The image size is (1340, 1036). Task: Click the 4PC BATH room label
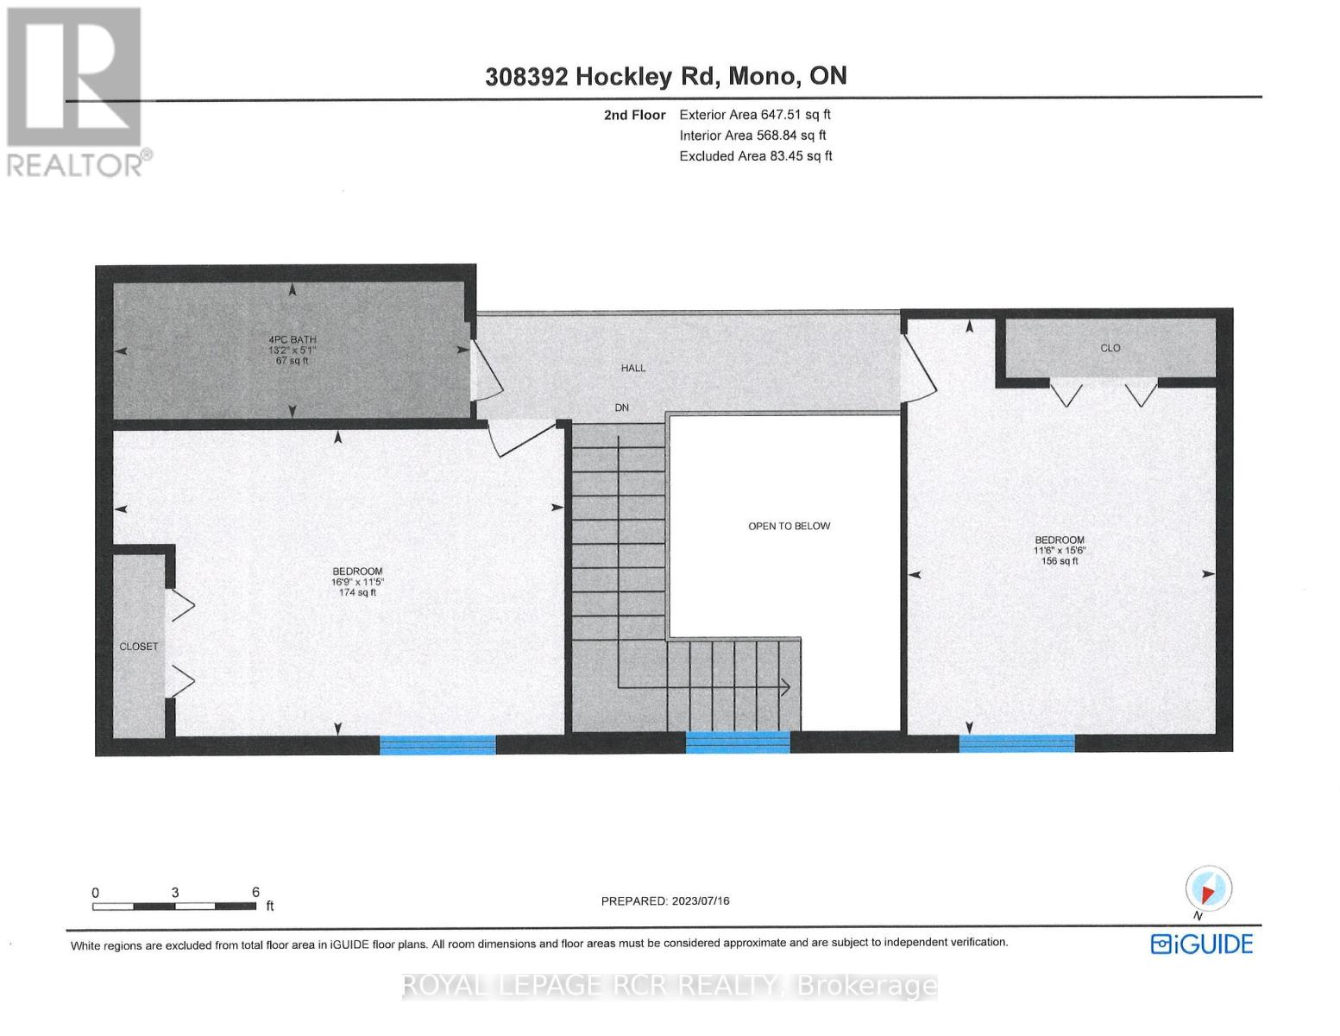pyautogui.click(x=293, y=340)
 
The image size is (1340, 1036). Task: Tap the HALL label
pyautogui.click(x=633, y=368)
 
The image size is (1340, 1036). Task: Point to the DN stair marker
pyautogui.click(x=622, y=407)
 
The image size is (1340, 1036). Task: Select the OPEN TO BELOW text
pyautogui.click(x=789, y=526)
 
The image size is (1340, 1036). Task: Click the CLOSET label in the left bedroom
pyautogui.click(x=139, y=647)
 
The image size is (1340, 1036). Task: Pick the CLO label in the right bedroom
pyautogui.click(x=1110, y=348)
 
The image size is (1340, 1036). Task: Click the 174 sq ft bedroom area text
pyautogui.click(x=358, y=592)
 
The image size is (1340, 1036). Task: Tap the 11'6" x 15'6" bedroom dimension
pyautogui.click(x=1059, y=551)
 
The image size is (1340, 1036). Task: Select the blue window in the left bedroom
pyautogui.click(x=438, y=744)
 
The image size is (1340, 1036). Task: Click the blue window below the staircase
pyautogui.click(x=738, y=742)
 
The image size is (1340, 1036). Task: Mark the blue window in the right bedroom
pyautogui.click(x=1017, y=742)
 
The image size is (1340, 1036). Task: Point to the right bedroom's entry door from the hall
pyautogui.click(x=918, y=367)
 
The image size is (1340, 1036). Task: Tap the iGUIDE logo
pyautogui.click(x=1201, y=944)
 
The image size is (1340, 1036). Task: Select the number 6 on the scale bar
pyautogui.click(x=255, y=892)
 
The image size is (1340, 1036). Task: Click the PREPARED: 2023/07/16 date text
pyautogui.click(x=665, y=900)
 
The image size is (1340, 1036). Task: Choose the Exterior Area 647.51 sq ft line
pyautogui.click(x=755, y=114)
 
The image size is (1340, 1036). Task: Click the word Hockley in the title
pyautogui.click(x=623, y=76)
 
